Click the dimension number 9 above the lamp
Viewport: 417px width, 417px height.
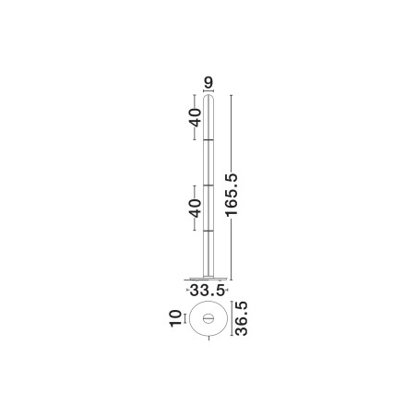208,83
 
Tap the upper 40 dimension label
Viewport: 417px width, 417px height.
196,117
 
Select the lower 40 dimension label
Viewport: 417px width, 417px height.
196,208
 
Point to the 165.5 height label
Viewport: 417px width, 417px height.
232,195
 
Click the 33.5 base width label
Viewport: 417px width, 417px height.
208,291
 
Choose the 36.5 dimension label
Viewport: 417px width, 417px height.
241,318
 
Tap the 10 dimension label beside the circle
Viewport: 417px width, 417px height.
175,318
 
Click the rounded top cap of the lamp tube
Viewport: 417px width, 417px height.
208,98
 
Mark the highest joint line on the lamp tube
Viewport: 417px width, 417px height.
208,140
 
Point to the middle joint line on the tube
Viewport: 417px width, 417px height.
208,185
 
